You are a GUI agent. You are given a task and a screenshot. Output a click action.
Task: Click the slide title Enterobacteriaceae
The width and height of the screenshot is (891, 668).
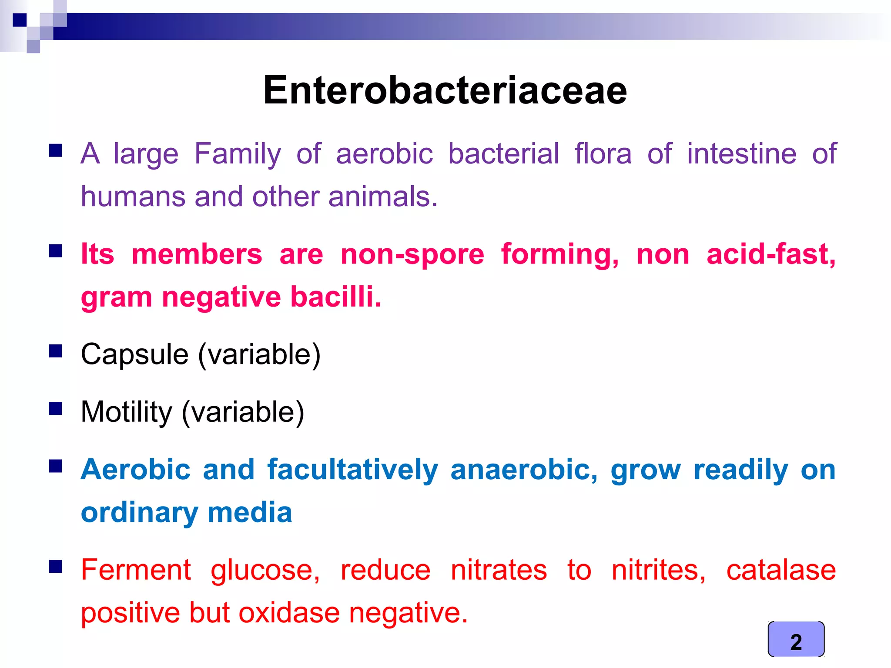click(445, 90)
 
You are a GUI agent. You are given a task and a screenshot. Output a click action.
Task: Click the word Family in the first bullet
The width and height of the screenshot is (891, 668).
click(238, 154)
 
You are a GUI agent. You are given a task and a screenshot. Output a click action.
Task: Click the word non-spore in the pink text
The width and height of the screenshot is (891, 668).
click(412, 254)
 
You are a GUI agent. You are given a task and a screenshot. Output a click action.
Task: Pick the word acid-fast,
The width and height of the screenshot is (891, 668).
click(771, 254)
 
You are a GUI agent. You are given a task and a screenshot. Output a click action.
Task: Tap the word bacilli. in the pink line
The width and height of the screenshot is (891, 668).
click(335, 297)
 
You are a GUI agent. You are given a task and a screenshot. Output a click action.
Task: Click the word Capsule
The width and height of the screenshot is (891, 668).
click(134, 355)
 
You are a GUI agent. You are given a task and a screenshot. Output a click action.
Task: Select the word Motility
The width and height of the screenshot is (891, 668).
click(127, 412)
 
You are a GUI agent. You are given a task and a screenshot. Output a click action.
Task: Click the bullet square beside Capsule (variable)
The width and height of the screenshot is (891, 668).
click(55, 351)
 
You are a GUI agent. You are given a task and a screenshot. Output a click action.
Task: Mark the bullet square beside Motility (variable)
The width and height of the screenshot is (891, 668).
click(55, 408)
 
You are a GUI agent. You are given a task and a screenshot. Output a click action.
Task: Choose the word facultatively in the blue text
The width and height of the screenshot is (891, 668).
click(352, 470)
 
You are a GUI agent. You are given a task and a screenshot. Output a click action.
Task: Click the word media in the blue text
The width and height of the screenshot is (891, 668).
click(250, 513)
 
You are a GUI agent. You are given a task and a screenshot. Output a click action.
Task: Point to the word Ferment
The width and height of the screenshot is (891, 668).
click(136, 570)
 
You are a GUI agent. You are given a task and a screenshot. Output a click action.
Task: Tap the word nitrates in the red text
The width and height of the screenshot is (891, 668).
click(499, 570)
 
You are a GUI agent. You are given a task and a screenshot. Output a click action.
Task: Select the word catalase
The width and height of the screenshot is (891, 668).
click(781, 570)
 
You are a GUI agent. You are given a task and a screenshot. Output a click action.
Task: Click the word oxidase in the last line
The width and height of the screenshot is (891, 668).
click(289, 613)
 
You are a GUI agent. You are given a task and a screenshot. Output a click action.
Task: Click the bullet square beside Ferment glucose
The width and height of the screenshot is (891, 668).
click(55, 566)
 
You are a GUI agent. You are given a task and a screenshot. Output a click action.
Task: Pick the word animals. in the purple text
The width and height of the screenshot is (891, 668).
click(382, 197)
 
